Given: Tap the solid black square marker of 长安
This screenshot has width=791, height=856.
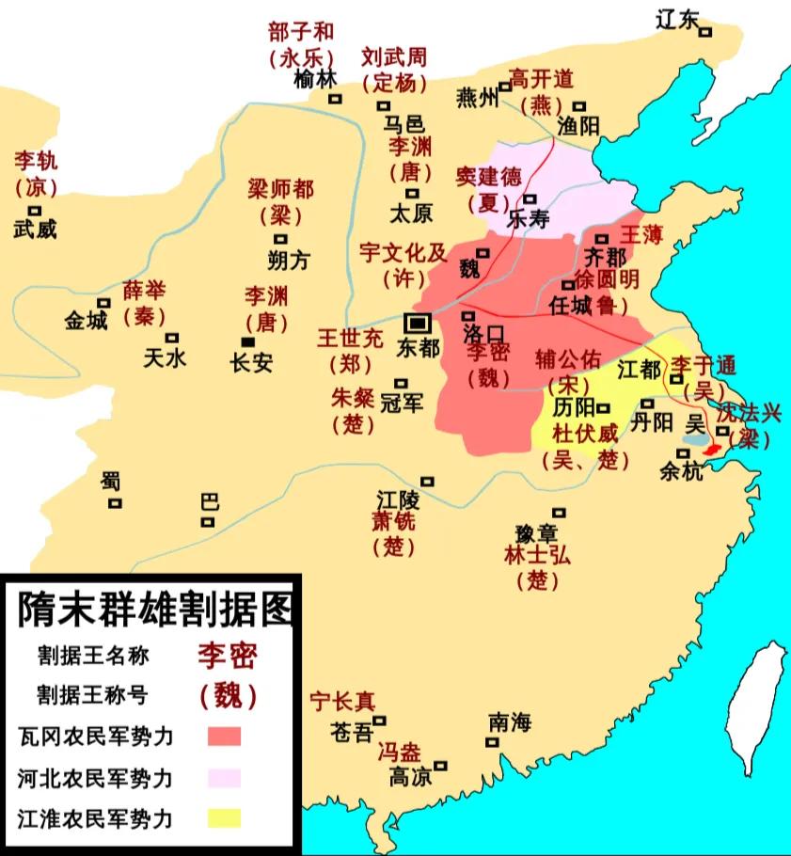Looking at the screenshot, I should (x=247, y=341).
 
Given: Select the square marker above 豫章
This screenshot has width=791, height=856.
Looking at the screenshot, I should (x=559, y=513).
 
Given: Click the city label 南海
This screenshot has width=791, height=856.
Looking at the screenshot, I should (x=510, y=722).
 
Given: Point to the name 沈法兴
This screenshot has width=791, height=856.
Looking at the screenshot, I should (x=749, y=414).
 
